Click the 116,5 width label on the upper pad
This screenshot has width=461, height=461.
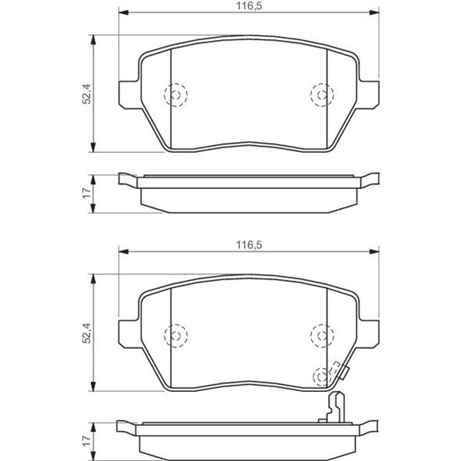[249, 6]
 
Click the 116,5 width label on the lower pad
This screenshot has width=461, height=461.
[249, 245]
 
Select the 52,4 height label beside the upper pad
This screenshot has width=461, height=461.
[87, 94]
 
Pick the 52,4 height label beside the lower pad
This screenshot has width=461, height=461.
[87, 333]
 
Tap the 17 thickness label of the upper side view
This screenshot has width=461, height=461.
[87, 194]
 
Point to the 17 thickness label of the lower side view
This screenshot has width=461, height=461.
[87, 441]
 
